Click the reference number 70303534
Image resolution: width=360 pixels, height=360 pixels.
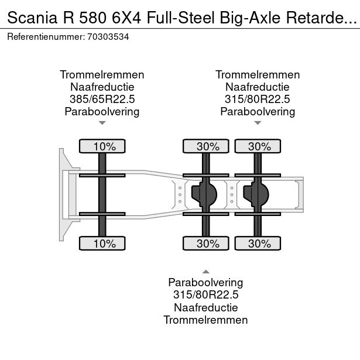(x=108, y=37)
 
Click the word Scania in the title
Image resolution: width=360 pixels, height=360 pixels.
(x=32, y=18)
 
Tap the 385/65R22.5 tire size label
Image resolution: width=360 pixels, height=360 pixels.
(x=102, y=99)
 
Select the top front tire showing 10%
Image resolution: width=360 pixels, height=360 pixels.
(x=102, y=146)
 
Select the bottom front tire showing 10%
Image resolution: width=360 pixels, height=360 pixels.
(x=102, y=243)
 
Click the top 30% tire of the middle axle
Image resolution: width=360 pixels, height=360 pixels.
(x=206, y=146)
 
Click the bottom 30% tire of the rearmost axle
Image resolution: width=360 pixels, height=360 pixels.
(x=258, y=243)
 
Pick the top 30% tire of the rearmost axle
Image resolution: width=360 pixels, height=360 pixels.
(x=258, y=146)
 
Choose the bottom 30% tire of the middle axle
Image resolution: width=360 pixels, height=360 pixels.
(x=206, y=243)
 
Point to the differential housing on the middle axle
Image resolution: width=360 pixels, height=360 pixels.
(x=204, y=194)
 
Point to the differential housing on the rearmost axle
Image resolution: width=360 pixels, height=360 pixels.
(x=256, y=194)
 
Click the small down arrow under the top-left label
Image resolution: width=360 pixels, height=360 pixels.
(x=102, y=123)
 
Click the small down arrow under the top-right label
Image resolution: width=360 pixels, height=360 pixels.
(x=258, y=123)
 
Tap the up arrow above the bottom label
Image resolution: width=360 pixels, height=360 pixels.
(x=206, y=272)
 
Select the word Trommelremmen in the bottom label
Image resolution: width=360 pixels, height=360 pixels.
(x=205, y=320)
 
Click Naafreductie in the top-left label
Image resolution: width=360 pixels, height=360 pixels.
(x=102, y=87)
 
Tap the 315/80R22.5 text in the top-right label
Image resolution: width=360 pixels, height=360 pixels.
(x=258, y=99)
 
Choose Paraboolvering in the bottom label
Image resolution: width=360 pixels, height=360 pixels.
(x=205, y=283)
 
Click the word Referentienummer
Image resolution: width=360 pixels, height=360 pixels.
(x=46, y=37)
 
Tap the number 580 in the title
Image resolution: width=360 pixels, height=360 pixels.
(x=93, y=18)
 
